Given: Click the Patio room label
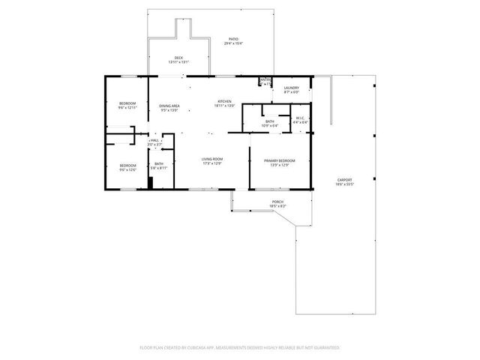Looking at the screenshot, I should tap(233, 39).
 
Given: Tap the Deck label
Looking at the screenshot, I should tap(178, 58).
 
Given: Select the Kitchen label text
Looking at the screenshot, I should tap(224, 101).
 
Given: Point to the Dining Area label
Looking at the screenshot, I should tap(169, 106).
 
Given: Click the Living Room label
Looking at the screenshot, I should tap(212, 159).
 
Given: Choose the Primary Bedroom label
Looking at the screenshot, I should tap(278, 160).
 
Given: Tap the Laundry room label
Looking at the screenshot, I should tap(291, 88).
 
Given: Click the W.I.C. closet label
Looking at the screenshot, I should tap(298, 118).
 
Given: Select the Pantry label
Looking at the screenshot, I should tap(265, 79).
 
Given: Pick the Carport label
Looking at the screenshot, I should tap(345, 180).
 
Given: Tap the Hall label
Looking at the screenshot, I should tap(154, 140).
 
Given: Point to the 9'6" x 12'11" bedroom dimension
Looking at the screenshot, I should tap(127, 108).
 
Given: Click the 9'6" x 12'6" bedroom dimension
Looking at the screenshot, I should tap(127, 170).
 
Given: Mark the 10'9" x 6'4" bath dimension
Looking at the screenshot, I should tap(269, 126).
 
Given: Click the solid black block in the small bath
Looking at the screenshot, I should tap(150, 183).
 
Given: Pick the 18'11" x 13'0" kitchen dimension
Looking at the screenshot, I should tap(224, 106).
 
